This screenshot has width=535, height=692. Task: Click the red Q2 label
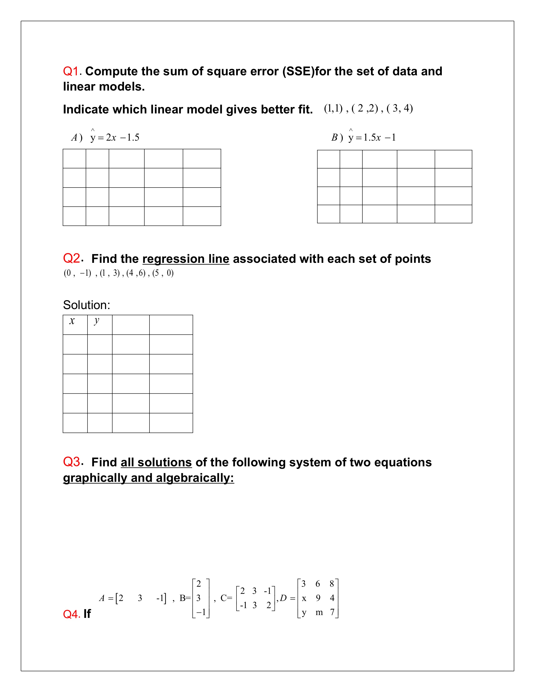coord(71,259)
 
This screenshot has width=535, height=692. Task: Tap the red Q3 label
coord(71,462)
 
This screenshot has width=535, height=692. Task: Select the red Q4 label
coord(71,614)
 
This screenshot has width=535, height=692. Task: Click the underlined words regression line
coord(186,259)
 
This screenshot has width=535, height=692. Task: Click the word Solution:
coord(87,305)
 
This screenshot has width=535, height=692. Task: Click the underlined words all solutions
coord(156,462)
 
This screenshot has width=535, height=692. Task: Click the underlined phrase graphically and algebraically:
coord(148,478)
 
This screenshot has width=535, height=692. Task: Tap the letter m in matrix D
coord(319,612)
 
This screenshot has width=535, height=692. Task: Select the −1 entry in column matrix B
coord(201,612)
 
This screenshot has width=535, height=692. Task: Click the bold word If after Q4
coord(87,614)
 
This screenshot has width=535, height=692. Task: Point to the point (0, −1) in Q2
coord(77,273)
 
